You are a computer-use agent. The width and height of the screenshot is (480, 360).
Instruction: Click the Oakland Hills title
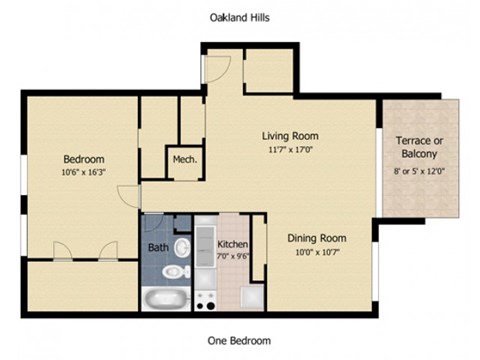pos(239,17)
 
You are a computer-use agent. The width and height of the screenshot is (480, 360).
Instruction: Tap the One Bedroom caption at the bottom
pos(239,341)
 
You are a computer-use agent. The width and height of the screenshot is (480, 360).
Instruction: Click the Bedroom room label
pos(84,159)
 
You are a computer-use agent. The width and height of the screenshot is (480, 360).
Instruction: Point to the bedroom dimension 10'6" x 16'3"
pos(84,171)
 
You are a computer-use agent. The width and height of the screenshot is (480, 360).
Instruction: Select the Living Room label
pos(290,136)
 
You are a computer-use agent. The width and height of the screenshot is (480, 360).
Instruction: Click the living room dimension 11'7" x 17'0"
pos(290,149)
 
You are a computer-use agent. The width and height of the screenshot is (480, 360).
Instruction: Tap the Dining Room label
pos(317,238)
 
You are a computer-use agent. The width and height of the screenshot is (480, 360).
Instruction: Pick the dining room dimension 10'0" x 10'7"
pos(317,251)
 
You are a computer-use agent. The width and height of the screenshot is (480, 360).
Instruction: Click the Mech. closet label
pos(184,160)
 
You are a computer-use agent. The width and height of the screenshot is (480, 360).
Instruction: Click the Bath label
pos(159,247)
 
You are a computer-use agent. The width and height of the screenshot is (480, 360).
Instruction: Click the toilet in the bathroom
pos(175,271)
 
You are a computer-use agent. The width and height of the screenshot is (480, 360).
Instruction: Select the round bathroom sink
pos(181,246)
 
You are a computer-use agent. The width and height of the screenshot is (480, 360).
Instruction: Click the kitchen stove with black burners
pos(206,297)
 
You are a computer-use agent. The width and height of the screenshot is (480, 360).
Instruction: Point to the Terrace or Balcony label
pos(419,148)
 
